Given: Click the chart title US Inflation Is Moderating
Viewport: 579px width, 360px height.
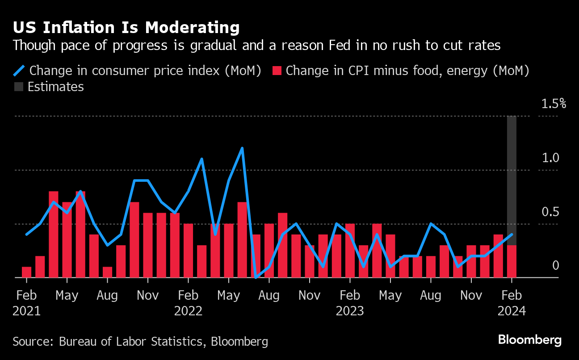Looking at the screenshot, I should click(x=126, y=28).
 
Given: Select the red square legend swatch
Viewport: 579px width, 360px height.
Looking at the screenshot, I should click(x=277, y=71).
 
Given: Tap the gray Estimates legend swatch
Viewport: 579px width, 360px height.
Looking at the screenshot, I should click(x=18, y=87).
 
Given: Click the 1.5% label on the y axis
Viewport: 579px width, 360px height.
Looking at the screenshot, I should click(x=554, y=104).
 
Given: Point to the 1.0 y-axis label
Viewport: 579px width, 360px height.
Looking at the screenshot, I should click(x=550, y=158).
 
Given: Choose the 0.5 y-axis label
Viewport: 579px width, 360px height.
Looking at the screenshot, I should click(x=550, y=212).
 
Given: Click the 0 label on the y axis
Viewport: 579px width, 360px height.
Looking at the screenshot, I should click(x=555, y=266).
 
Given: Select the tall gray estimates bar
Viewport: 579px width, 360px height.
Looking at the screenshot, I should click(x=512, y=179).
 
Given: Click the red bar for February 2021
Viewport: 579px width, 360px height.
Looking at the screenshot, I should click(x=27, y=272).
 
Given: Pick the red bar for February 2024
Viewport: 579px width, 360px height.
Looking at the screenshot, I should click(x=512, y=261).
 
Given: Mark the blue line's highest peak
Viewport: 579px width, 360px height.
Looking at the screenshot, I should click(x=242, y=148).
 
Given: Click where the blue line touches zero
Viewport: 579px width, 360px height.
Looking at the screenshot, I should click(x=256, y=277).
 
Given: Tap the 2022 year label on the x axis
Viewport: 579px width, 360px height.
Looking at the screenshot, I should click(x=188, y=311).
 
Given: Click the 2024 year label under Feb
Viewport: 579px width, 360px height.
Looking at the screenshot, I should click(x=512, y=311).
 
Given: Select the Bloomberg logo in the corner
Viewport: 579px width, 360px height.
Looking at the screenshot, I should click(x=529, y=340).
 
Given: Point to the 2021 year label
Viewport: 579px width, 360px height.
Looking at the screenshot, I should click(x=27, y=311).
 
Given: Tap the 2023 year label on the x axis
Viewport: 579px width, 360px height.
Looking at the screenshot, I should click(x=350, y=311).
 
